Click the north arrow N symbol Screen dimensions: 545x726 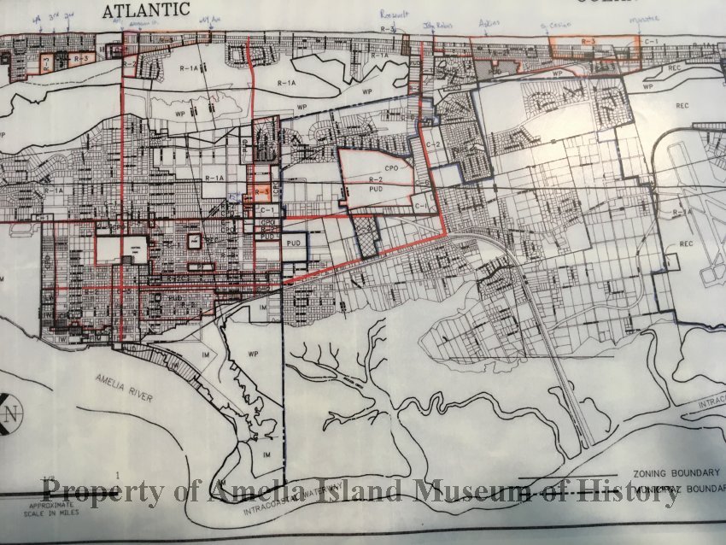[x=11, y=417]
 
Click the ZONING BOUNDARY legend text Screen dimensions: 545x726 [x=676, y=472]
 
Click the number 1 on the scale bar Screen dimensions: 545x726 [x=117, y=472]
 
